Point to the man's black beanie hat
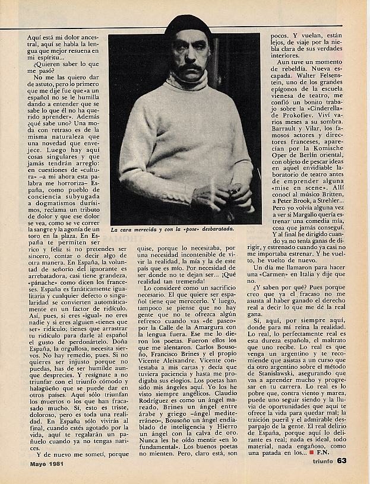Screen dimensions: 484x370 click(188, 27)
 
